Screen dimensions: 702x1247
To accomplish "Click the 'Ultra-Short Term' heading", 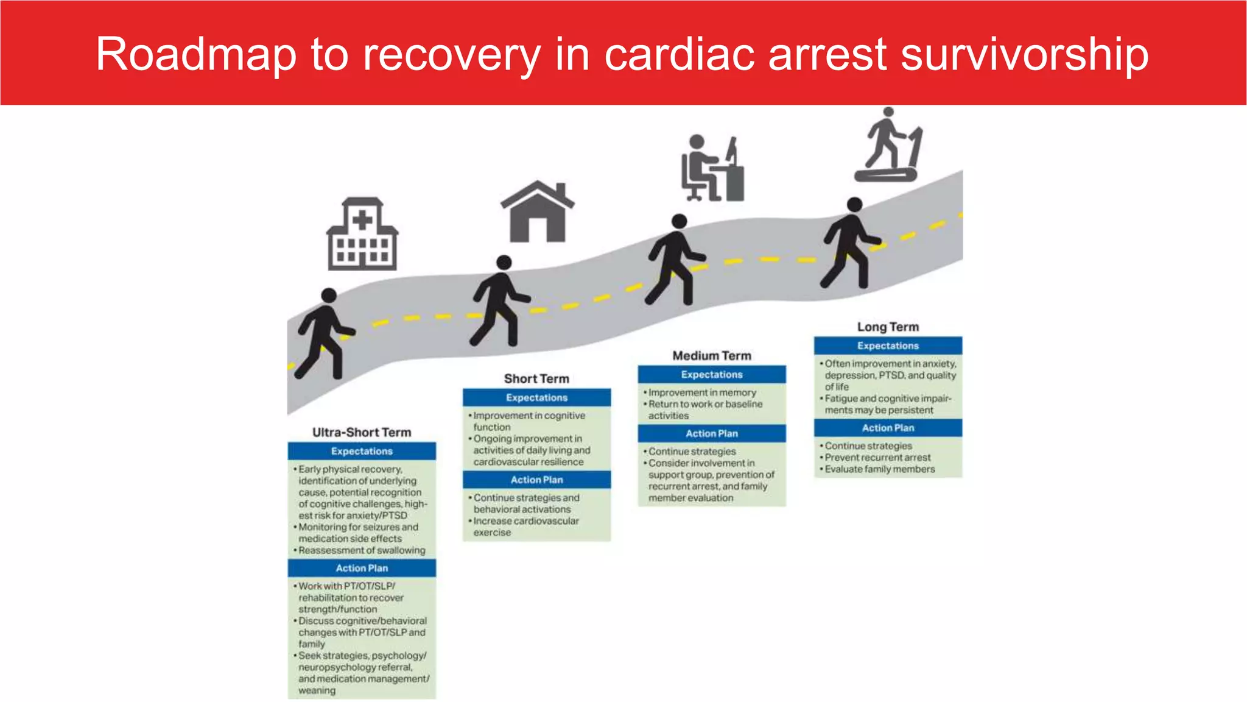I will [362, 432].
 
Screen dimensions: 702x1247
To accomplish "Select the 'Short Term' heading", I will [536, 378].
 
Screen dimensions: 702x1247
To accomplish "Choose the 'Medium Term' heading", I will [712, 355].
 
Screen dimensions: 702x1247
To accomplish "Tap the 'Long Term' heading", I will [888, 327].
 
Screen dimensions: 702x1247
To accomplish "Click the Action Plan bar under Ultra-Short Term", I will [362, 568].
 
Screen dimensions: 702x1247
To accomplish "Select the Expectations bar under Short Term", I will [536, 397].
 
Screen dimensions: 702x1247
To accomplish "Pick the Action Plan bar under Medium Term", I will [712, 433].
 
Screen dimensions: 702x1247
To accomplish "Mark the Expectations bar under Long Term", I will [888, 346].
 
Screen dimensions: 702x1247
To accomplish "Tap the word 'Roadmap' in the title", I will [196, 55].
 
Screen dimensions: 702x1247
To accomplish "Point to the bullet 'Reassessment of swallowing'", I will [362, 550].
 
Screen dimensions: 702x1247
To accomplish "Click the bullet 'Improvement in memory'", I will [702, 392].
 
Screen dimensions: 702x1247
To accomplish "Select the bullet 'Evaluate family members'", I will [879, 469].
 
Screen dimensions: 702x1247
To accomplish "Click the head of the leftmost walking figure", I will [329, 296].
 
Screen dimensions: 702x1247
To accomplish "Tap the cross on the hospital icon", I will [362, 219].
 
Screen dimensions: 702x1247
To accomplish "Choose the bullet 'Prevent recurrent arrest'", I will [877, 458].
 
